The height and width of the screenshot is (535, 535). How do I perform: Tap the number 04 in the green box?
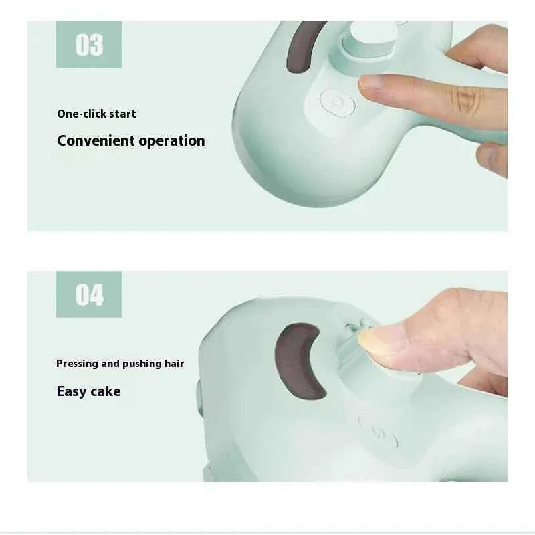89,294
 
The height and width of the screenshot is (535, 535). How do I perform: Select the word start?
122,114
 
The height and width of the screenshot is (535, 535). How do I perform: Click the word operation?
172,140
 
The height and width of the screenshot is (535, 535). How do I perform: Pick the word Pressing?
77,364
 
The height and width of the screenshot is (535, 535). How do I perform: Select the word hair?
174,364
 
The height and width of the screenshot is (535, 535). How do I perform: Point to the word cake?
106,391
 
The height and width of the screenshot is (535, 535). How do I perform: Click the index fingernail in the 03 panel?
371,82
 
